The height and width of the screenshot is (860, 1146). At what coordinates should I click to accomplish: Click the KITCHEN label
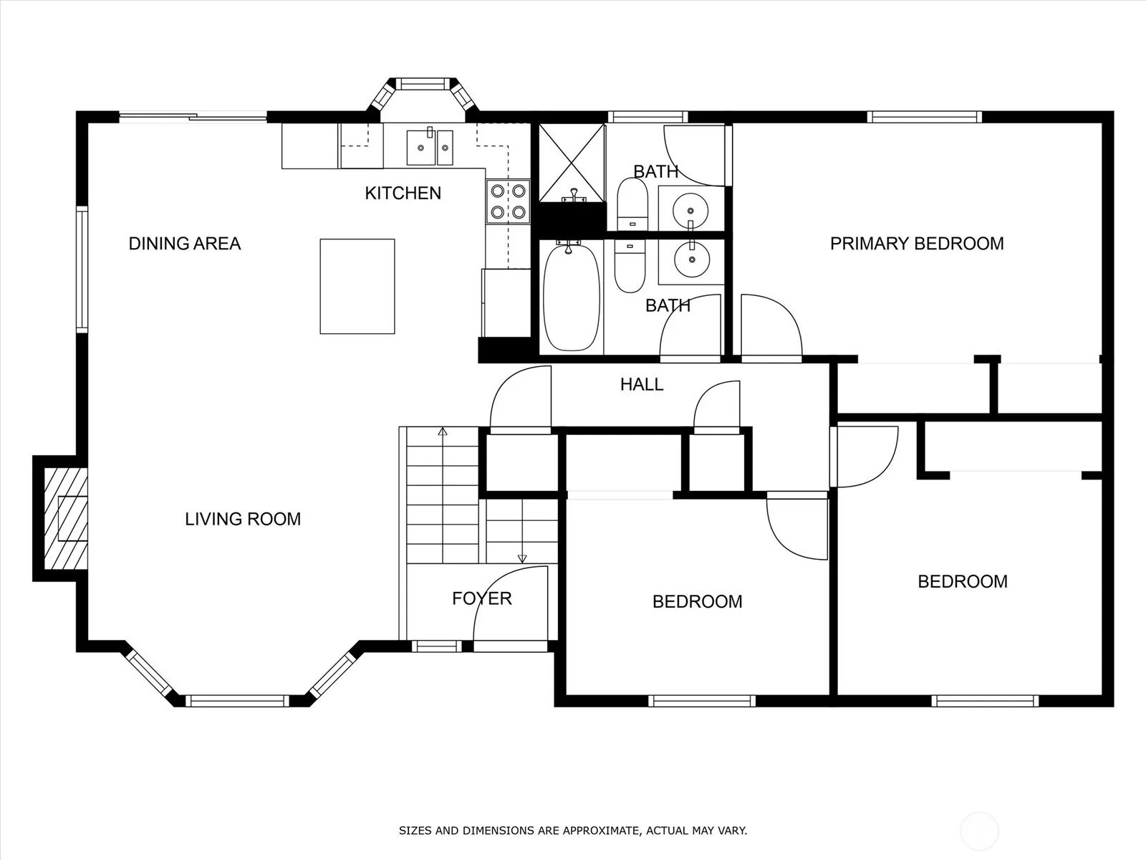403,193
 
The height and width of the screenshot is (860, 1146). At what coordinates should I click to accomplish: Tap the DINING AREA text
185,244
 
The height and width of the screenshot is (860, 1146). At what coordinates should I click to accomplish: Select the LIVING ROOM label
243,519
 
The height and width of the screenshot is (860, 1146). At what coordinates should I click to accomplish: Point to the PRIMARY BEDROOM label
917,244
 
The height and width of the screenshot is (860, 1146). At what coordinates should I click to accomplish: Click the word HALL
642,384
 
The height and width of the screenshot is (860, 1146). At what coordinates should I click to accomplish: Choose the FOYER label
482,598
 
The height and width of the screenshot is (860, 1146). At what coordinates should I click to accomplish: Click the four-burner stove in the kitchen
508,201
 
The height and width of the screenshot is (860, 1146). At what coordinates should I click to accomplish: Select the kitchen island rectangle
357,286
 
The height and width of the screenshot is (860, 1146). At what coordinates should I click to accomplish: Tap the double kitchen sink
430,147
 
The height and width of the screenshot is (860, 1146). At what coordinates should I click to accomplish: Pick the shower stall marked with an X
572,163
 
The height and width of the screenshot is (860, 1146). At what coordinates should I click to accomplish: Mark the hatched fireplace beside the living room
65,518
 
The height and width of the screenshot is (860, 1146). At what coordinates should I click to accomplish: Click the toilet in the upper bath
632,204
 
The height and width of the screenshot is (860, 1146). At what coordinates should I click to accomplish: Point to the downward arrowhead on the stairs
522,559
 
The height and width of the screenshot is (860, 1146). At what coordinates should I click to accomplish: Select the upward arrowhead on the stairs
443,431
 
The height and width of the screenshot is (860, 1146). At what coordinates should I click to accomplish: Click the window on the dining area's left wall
82,269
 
